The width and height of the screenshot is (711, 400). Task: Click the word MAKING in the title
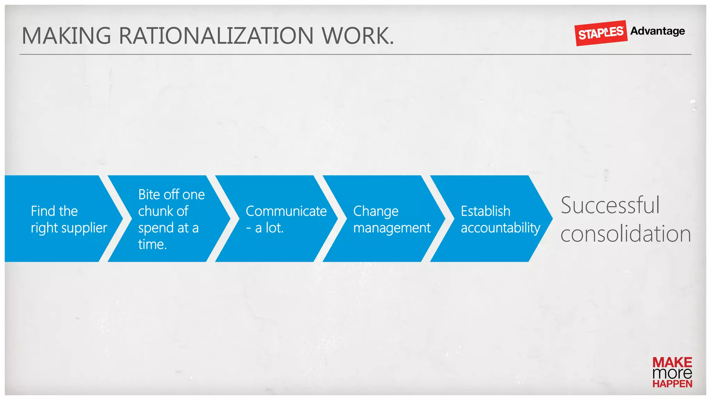tap(66, 36)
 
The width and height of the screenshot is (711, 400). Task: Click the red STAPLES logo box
tap(601, 33)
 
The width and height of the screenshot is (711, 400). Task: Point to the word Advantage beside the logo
tap(658, 31)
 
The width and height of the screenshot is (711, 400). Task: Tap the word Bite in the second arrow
tap(149, 194)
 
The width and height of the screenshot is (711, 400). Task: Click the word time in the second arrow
tap(151, 244)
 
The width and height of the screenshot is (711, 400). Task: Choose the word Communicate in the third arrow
tap(286, 211)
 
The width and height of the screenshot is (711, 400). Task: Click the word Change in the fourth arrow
tap(376, 211)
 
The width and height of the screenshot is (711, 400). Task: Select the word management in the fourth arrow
tap(392, 228)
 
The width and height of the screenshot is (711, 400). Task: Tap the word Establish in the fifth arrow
tap(485, 211)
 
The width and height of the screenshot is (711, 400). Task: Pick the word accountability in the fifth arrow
tap(500, 228)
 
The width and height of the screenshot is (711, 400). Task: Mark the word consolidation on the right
tap(626, 234)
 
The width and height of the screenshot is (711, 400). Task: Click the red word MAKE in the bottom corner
tap(672, 362)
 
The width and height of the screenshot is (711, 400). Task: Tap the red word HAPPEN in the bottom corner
tap(672, 384)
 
